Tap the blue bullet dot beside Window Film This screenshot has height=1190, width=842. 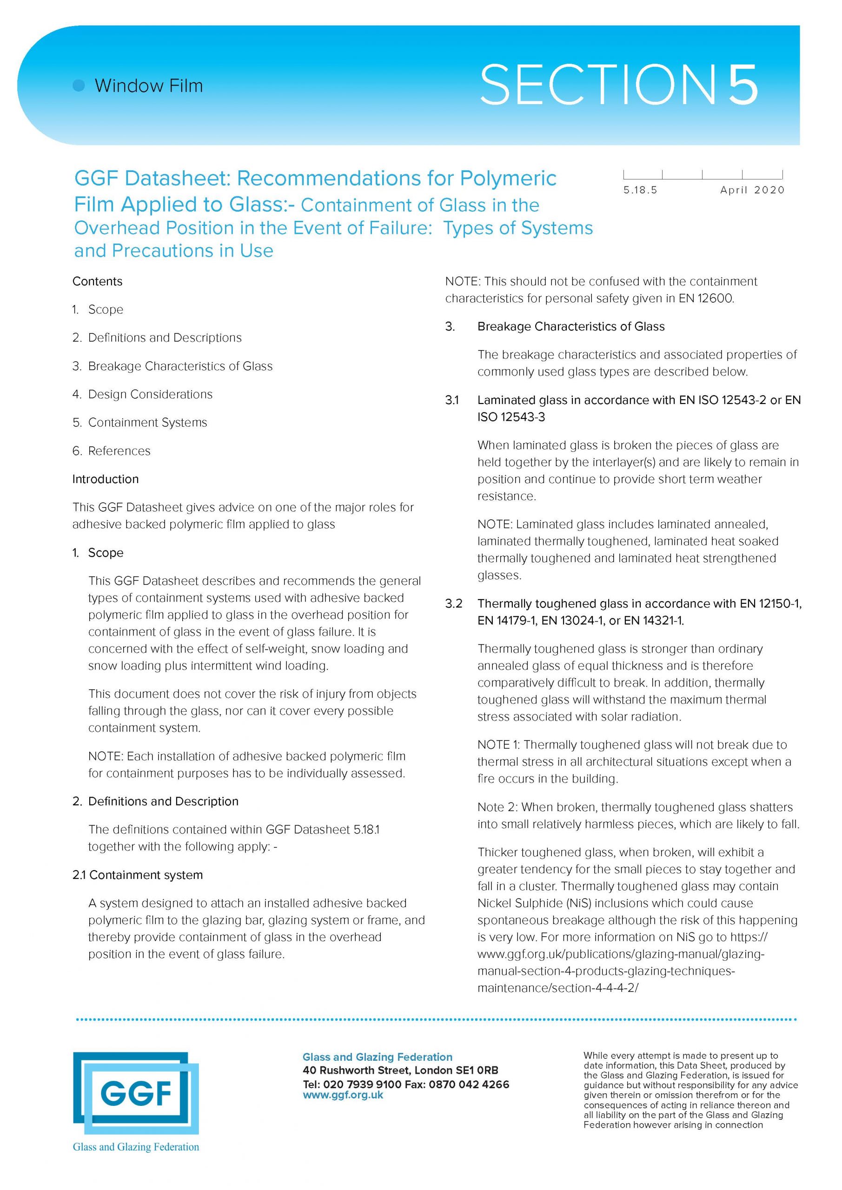(79, 86)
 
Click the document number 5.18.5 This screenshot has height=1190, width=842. (640, 190)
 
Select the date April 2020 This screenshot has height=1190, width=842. (752, 190)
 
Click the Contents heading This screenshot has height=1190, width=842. (98, 281)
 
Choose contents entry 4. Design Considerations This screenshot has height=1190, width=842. (143, 395)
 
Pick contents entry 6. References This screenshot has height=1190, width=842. (112, 451)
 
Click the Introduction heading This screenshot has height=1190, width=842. (105, 479)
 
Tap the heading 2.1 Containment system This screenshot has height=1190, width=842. (138, 875)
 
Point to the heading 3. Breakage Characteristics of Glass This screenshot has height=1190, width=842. (570, 326)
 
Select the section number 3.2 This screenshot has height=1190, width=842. (454, 604)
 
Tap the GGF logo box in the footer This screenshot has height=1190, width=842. (136, 1095)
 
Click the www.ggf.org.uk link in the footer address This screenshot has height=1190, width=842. (343, 1095)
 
